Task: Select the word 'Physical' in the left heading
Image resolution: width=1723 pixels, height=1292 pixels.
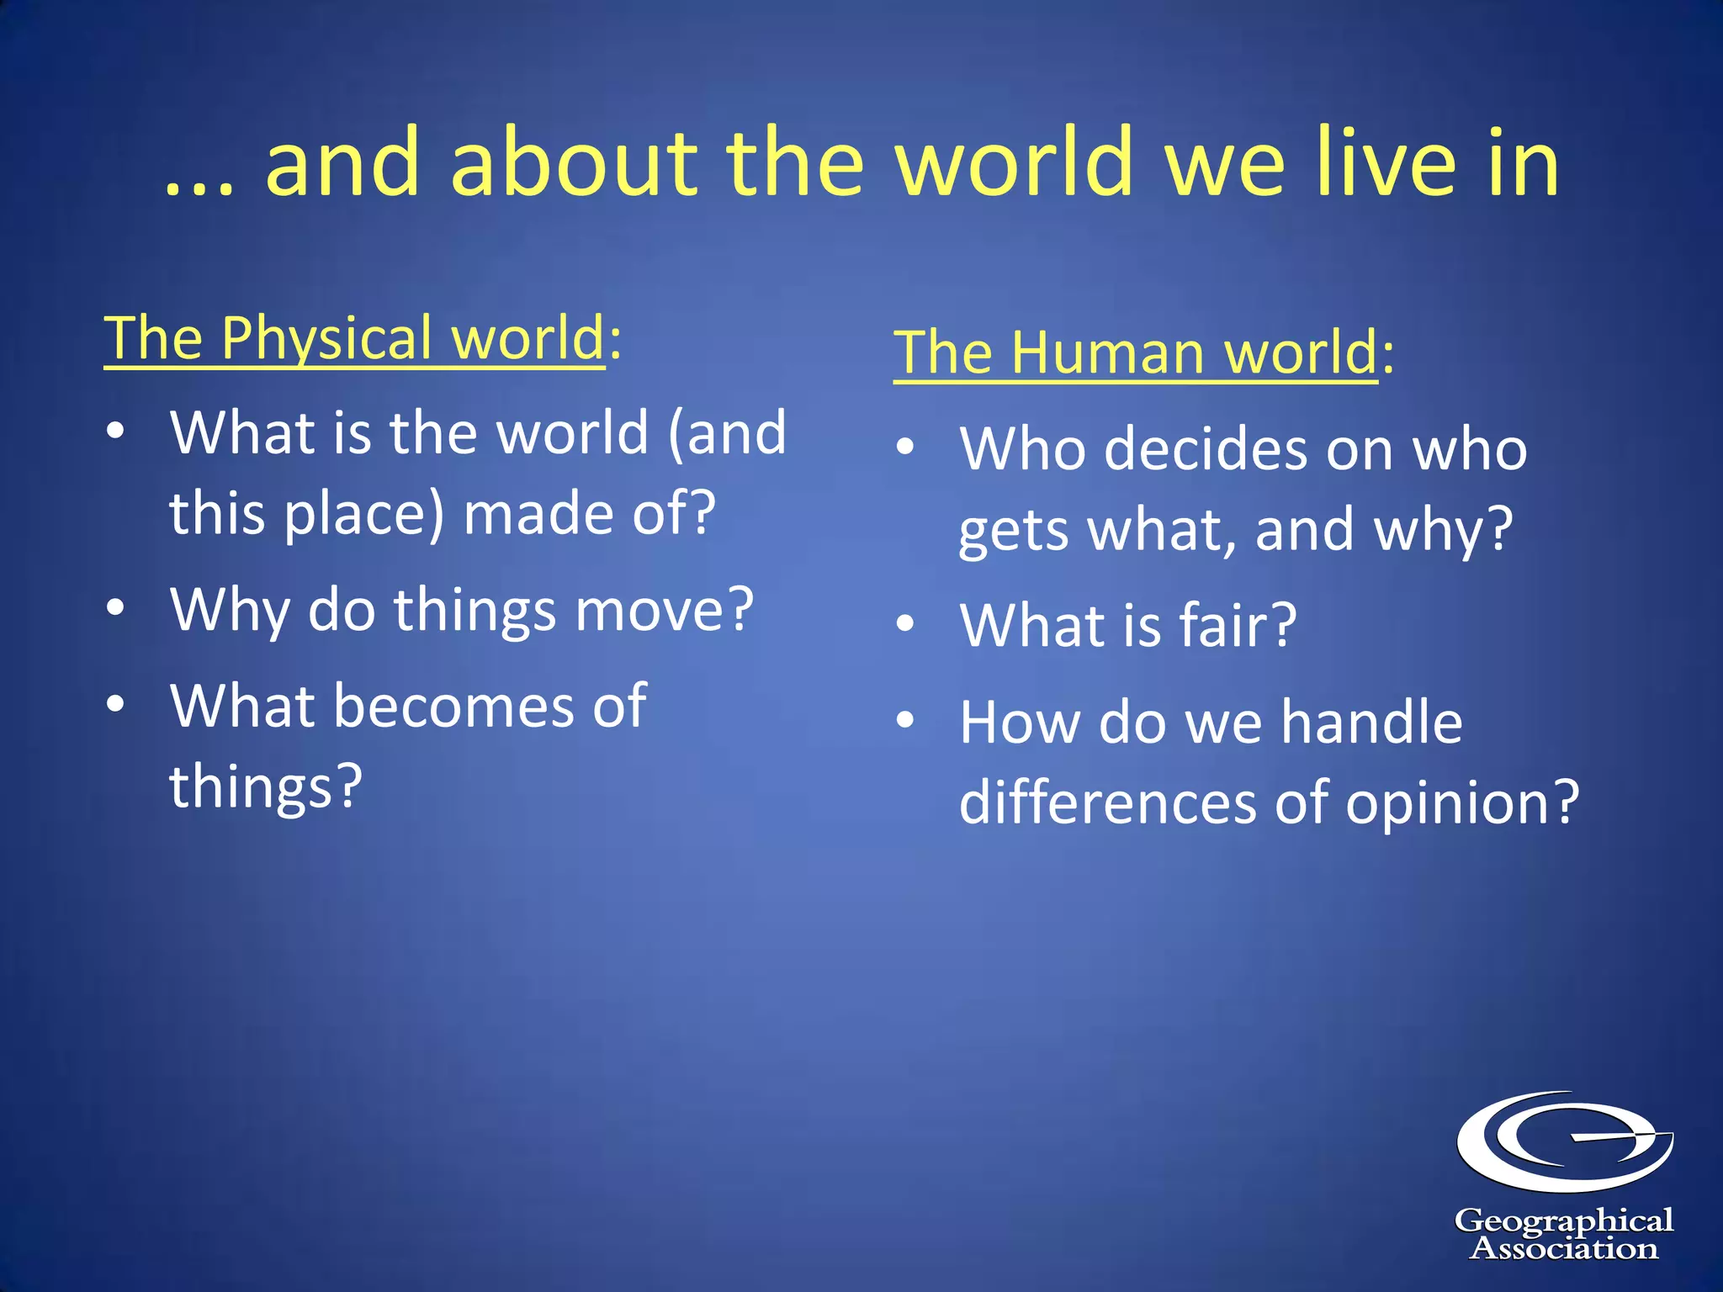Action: [326, 338]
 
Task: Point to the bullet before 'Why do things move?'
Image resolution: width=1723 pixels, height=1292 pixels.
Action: [116, 607]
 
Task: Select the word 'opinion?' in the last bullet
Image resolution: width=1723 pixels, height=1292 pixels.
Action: [1462, 802]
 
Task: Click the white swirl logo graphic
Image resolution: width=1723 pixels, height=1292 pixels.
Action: [1565, 1141]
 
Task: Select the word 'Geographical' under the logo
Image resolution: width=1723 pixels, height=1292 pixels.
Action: [1564, 1221]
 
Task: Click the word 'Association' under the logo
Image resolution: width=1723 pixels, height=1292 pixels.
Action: [1564, 1249]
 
